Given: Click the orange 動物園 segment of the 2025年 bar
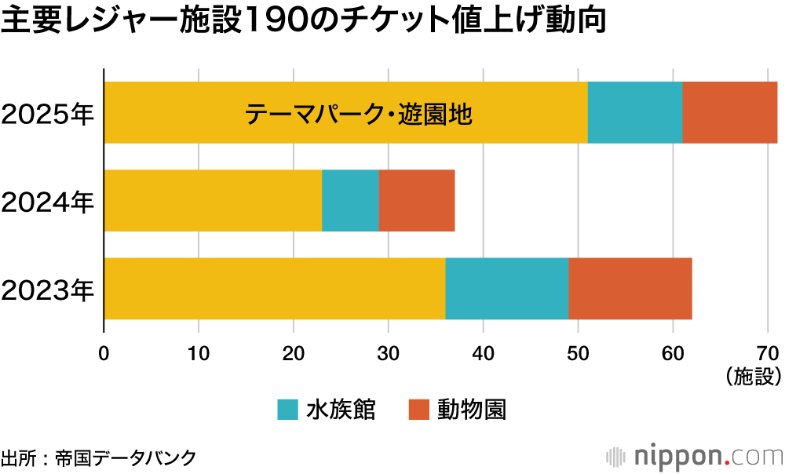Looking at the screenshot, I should point(729,112).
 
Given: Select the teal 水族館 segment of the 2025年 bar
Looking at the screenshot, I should point(634,112).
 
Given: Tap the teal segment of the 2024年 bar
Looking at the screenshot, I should point(350,200).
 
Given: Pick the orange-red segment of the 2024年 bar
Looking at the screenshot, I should point(417,200).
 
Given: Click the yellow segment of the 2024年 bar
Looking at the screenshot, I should point(213,200).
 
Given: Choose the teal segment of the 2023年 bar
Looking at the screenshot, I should point(506,288).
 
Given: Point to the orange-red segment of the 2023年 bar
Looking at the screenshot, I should point(630,288).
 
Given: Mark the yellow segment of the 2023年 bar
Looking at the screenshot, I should point(274,288).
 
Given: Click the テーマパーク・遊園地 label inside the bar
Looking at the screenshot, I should point(357,115).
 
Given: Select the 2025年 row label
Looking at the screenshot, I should point(48,115).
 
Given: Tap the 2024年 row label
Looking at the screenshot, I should point(48,202).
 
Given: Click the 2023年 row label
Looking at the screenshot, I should point(48,290).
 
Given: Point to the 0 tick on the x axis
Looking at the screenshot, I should point(104,353).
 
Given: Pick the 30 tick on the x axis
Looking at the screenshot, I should point(389,353).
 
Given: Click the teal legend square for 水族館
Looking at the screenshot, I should point(288,410).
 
